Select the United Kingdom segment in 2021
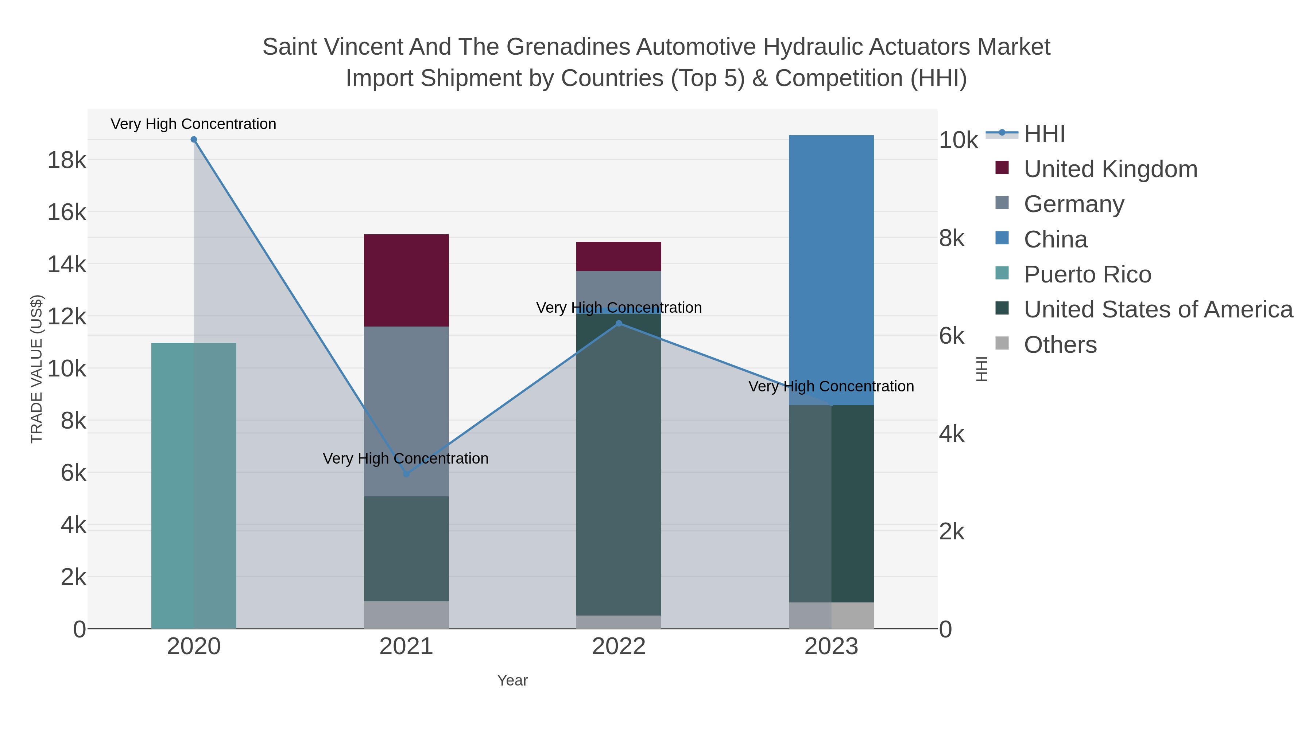(x=406, y=280)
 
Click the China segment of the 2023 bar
(x=831, y=270)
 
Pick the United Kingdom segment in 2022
(x=618, y=256)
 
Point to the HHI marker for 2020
(x=194, y=140)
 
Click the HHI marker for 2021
(x=406, y=474)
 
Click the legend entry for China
(x=1055, y=239)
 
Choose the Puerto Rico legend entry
(x=1087, y=274)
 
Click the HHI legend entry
(x=1044, y=134)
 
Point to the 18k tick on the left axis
(x=67, y=160)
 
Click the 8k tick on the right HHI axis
(x=952, y=238)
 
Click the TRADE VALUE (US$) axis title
(x=37, y=369)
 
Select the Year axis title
(x=512, y=680)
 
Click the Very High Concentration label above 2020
(x=193, y=124)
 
